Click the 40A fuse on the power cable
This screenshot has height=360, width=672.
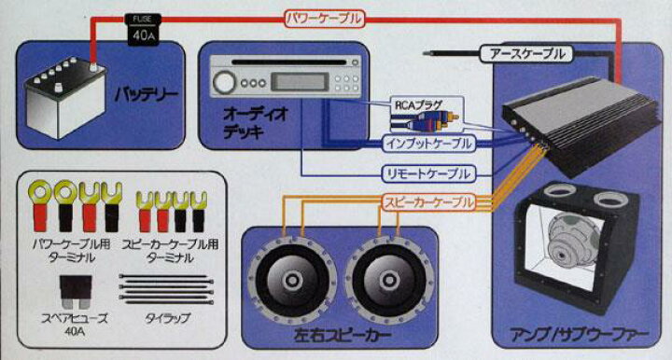[x=144, y=30]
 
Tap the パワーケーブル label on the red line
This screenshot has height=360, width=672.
[x=324, y=19]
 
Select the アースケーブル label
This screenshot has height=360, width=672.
[x=527, y=54]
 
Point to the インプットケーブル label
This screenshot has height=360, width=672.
[x=428, y=144]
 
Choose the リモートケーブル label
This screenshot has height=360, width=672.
[x=428, y=173]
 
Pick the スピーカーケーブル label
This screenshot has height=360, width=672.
[x=428, y=202]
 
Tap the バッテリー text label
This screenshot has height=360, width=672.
[x=146, y=94]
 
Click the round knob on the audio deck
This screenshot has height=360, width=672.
[x=224, y=82]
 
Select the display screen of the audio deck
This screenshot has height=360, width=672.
[x=300, y=81]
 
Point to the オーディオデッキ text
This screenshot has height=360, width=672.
[x=256, y=123]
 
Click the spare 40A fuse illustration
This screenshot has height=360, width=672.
[x=76, y=292]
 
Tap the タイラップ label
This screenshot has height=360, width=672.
[x=167, y=318]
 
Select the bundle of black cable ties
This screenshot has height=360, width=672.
[x=166, y=289]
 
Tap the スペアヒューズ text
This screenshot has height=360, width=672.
[x=74, y=318]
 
